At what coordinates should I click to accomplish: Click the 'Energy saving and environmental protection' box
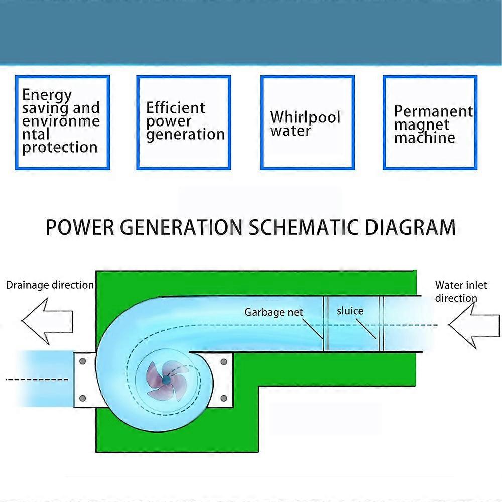coord(62,122)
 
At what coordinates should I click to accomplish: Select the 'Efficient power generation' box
coord(184,122)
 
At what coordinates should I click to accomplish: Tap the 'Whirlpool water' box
coord(307,122)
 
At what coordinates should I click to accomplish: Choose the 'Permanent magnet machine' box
coord(430,122)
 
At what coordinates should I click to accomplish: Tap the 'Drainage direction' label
coord(50,285)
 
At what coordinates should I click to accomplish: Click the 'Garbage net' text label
coord(274,312)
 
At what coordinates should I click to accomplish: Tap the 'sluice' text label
coord(350,311)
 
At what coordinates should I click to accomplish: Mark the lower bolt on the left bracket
coord(83,398)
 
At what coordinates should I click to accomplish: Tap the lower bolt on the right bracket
coord(224,398)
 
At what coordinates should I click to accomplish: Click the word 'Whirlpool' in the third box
coord(305,117)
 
